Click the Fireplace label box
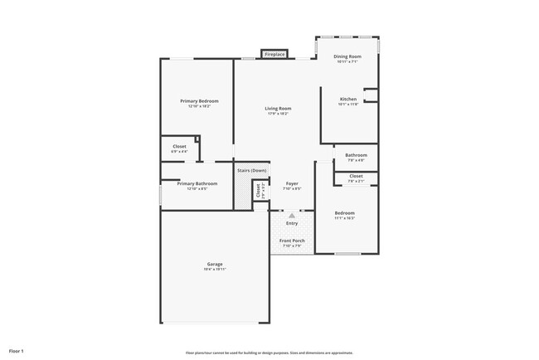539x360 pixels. tap(274, 55)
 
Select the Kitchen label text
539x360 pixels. tap(347, 99)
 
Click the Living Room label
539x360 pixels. tap(278, 109)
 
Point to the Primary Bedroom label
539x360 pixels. tap(199, 101)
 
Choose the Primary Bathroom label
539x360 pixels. tap(197, 183)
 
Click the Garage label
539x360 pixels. tap(214, 264)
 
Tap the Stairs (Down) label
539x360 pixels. tap(252, 170)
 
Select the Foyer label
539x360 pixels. tap(292, 183)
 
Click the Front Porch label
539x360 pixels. tap(292, 241)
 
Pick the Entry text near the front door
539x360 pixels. tap(292, 223)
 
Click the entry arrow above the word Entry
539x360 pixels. tap(292, 215)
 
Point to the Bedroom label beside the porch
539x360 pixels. tap(345, 213)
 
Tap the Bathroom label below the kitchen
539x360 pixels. tap(357, 155)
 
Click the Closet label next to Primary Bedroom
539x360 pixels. tap(179, 147)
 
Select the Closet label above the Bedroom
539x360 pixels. tap(356, 176)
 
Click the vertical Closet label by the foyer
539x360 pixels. tap(259, 190)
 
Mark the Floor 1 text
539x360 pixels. tap(17, 351)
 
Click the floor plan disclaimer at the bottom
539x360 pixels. tap(269, 351)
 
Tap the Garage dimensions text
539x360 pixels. tap(214, 270)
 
